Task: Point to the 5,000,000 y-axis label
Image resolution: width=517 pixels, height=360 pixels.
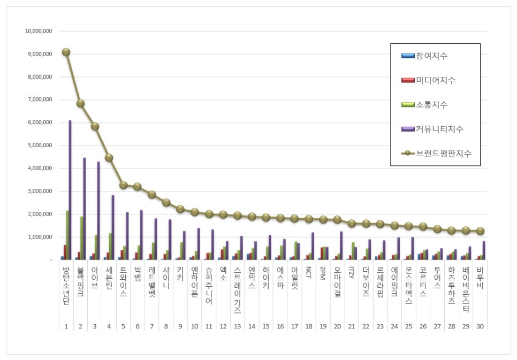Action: (x=39, y=145)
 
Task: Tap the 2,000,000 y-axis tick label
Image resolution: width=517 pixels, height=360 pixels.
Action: (x=39, y=214)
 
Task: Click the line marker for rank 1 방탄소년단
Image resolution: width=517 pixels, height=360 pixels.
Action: (x=66, y=52)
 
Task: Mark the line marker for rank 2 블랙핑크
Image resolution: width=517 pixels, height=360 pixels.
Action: (x=80, y=103)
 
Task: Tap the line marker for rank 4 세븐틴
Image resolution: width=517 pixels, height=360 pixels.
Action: (x=109, y=157)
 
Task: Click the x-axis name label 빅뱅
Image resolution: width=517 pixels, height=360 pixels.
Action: (x=137, y=278)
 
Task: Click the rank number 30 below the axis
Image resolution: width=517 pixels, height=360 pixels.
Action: (x=480, y=326)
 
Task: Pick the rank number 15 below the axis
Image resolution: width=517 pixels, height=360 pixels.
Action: (x=266, y=326)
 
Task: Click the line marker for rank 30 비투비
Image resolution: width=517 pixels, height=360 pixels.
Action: (x=480, y=231)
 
